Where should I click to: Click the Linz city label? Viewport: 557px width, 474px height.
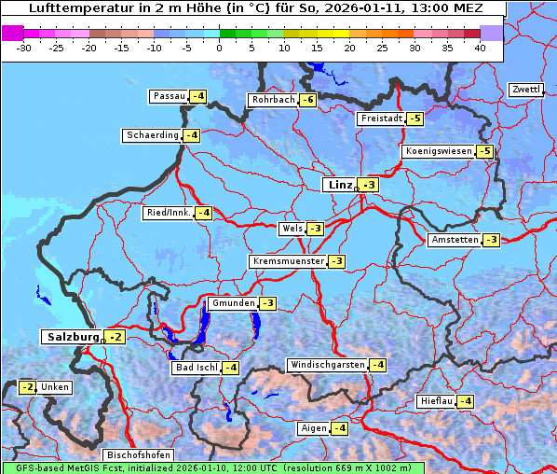point(338,185)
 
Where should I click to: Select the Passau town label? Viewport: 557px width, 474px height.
point(169,96)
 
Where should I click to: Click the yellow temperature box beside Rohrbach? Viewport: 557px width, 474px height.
point(307,100)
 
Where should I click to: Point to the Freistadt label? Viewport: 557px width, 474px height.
point(380,118)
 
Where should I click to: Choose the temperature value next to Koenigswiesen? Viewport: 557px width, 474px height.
point(484,151)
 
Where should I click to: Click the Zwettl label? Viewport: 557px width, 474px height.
point(525,90)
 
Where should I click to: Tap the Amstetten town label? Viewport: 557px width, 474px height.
point(454,240)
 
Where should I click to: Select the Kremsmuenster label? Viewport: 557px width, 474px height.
point(288,261)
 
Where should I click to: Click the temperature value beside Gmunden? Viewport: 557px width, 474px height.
point(267,303)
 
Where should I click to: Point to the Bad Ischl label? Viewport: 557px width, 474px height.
point(196,368)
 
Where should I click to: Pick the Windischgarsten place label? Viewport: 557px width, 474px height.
point(327,365)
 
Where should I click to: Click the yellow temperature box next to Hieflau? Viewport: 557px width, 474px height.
point(464,401)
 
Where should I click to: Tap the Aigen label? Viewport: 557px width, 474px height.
point(312,428)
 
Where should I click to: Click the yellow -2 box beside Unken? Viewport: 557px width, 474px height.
point(28,387)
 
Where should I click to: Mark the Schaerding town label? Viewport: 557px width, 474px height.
point(152,135)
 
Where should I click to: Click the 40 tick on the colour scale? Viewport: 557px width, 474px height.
point(480,48)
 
